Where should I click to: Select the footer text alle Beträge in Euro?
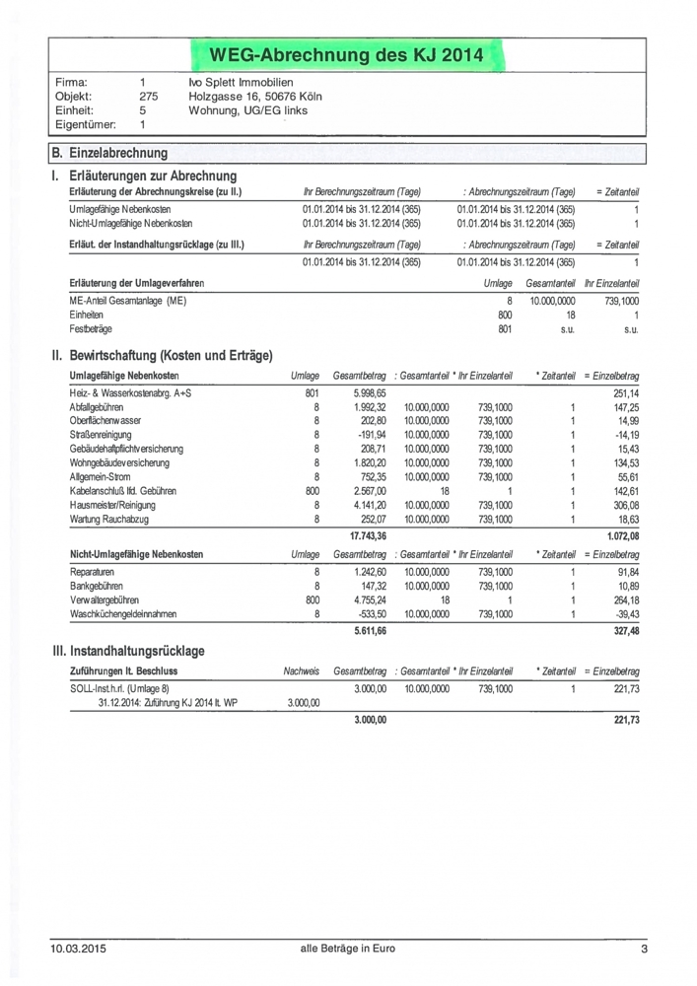point(348,950)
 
